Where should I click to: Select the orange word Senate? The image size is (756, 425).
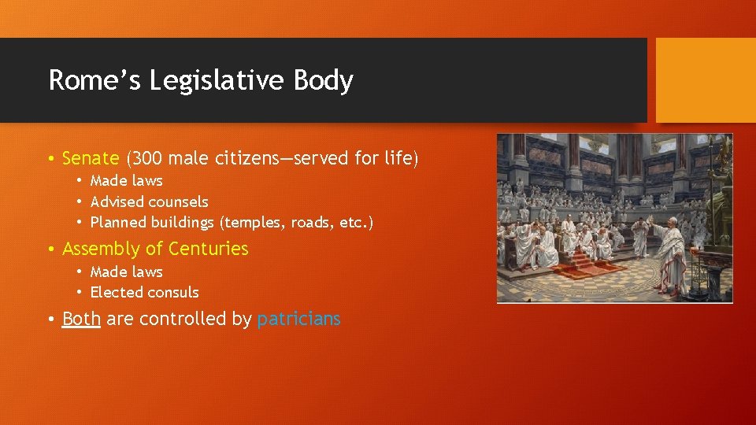pyautogui.click(x=90, y=158)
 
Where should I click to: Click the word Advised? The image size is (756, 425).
pyautogui.click(x=117, y=201)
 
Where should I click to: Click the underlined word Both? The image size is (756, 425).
pyautogui.click(x=81, y=319)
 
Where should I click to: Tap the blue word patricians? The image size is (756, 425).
pyautogui.click(x=298, y=319)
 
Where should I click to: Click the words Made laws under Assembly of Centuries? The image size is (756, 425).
pyautogui.click(x=126, y=272)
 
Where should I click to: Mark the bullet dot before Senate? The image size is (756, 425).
pyautogui.click(x=50, y=159)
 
